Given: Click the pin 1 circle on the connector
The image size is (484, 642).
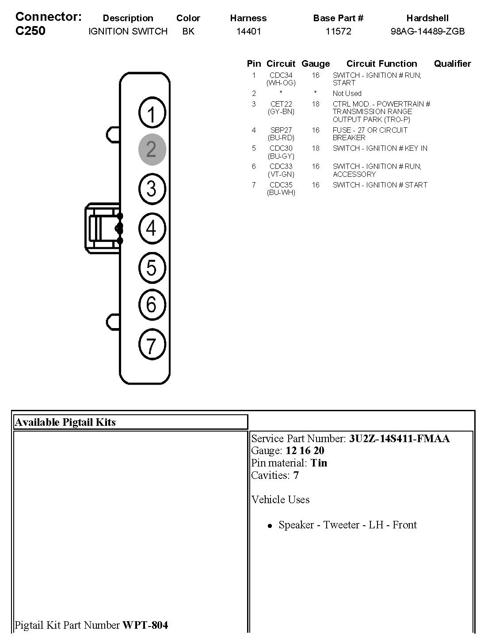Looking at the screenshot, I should coord(152,114).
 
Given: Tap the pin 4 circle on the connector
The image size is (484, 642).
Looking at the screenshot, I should coord(152,228).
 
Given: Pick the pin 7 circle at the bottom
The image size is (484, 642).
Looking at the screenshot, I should coord(152,345).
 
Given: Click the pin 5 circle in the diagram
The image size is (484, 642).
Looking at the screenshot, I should coord(152,267).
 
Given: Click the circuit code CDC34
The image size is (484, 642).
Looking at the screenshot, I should coord(281,75).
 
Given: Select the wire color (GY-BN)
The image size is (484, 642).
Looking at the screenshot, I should coord(281,112).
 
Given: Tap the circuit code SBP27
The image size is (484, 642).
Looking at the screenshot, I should coord(281,130).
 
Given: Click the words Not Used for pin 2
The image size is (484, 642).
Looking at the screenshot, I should coord(347,93).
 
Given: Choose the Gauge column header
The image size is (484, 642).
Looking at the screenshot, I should coord(316,64).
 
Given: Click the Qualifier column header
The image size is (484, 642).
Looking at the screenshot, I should coord(452,64).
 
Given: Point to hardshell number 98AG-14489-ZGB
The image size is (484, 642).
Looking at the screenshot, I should coord(427,31).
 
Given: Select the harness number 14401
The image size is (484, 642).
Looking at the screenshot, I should coord(248,31).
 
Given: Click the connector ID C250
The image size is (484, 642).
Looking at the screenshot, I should coord(30,31).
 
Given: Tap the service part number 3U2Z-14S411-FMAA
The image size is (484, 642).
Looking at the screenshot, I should coord(399,439).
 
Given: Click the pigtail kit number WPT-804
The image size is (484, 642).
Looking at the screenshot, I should coord(145,625).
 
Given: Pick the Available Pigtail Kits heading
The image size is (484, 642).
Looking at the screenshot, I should coord(65,422).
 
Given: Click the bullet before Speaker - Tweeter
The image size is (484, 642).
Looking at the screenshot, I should coord(270,526).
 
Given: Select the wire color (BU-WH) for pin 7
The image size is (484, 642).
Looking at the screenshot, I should coord(281,193).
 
